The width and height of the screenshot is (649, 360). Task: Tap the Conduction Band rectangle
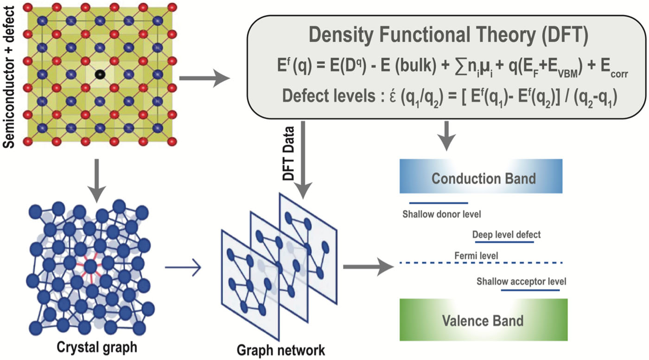481,176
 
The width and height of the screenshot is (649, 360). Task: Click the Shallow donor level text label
442,215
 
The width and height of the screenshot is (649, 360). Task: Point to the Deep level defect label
506,235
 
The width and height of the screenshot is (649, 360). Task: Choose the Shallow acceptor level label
521,282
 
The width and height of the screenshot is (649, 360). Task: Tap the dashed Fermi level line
481,263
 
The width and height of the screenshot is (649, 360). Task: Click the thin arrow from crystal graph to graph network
183,268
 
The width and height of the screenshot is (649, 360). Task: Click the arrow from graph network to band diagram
369,267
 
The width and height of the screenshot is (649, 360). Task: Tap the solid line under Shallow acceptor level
530,290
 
